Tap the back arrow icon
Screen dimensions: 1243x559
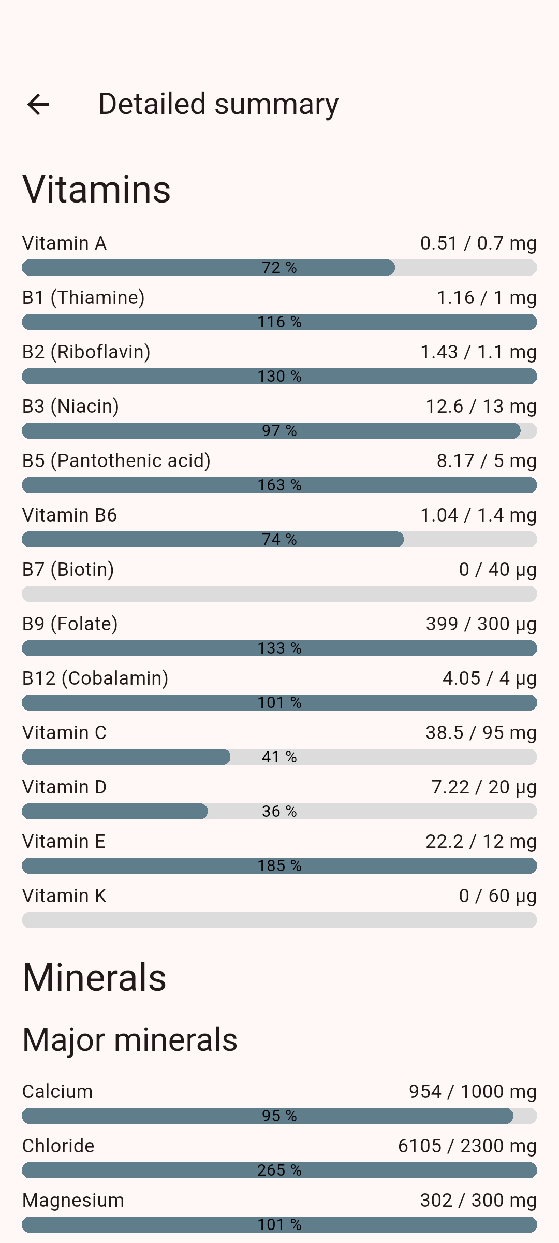pyautogui.click(x=38, y=105)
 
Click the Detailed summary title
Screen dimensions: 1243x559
pyautogui.click(x=218, y=104)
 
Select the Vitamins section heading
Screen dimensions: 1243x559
pyautogui.click(x=96, y=190)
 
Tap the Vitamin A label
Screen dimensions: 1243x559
pyautogui.click(x=64, y=243)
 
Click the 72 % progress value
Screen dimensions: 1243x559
pyautogui.click(x=279, y=268)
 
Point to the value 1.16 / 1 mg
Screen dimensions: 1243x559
pyautogui.click(x=486, y=298)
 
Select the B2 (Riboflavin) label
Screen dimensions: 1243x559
pyautogui.click(x=86, y=352)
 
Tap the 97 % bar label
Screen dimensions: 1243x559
pyautogui.click(x=279, y=431)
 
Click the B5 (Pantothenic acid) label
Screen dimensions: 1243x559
pyautogui.click(x=116, y=461)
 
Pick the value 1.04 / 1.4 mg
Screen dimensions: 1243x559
pyautogui.click(x=478, y=515)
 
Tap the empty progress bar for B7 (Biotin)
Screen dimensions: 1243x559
pyautogui.click(x=279, y=594)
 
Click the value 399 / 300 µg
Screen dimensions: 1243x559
pyautogui.click(x=481, y=624)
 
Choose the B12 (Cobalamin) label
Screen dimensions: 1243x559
pyautogui.click(x=95, y=678)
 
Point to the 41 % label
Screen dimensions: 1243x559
pyautogui.click(x=279, y=757)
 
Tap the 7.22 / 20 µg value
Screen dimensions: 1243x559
pyautogui.click(x=483, y=787)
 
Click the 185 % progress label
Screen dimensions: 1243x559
pyautogui.click(x=279, y=866)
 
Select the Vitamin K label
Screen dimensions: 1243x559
pyautogui.click(x=64, y=896)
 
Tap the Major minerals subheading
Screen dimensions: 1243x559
pyautogui.click(x=130, y=1040)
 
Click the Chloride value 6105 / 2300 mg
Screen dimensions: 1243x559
pyautogui.click(x=467, y=1146)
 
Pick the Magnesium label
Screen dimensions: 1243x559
pyautogui.click(x=73, y=1201)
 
